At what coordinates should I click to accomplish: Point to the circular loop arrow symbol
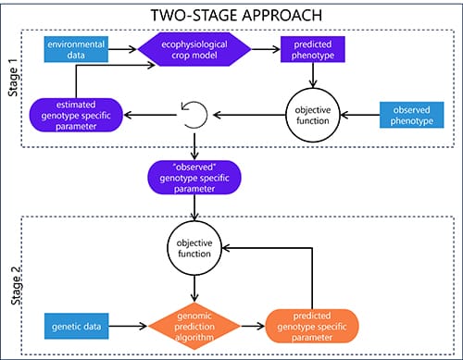tap(195, 116)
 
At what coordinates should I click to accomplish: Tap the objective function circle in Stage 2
tap(195, 247)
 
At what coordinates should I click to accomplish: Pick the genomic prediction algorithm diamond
tap(195, 326)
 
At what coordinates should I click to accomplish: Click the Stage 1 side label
tap(12, 83)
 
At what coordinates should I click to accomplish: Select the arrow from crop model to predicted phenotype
tap(263, 49)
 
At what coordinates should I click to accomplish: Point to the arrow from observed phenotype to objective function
tap(358, 115)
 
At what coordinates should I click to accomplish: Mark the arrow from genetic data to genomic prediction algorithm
tap(127, 326)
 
